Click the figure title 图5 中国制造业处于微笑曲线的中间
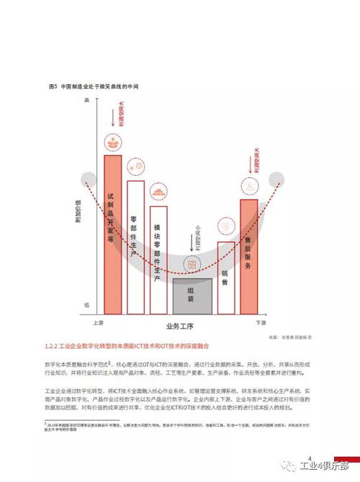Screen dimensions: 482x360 [93, 86]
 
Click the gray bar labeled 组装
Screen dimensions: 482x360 [192, 295]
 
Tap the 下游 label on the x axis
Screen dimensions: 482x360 [261, 323]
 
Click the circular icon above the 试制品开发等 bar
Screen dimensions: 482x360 [113, 141]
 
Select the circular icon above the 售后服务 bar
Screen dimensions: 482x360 [248, 187]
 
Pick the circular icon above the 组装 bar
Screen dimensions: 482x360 [192, 266]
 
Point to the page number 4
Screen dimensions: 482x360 [309, 459]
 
